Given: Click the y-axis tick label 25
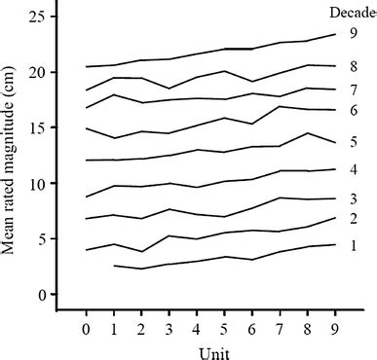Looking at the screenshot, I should coord(38,17).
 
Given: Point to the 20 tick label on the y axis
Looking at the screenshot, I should coord(38,72).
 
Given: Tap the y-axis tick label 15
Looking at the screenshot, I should coord(38,127).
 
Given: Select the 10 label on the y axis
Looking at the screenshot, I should coord(38,183).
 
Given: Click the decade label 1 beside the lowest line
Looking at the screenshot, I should coord(355,245).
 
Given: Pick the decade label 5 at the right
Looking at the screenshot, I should coord(355,142).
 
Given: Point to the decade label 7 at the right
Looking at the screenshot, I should coord(355,90).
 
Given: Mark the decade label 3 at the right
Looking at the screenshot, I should coord(355,198).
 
